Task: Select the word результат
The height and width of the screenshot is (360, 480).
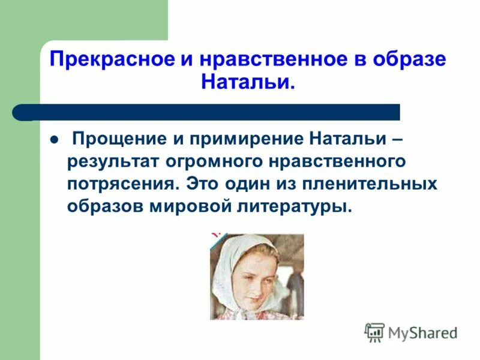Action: click(x=109, y=162)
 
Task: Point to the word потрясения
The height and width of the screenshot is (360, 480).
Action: click(x=123, y=184)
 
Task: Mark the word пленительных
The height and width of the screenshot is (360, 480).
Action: click(x=373, y=184)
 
